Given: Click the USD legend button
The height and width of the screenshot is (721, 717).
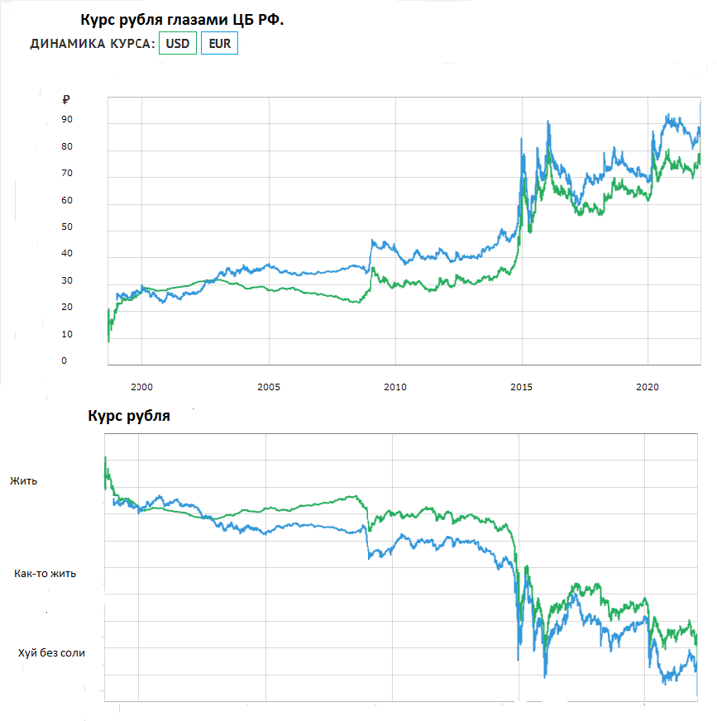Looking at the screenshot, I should (x=178, y=44).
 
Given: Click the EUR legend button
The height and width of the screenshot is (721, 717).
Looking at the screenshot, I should (x=220, y=44).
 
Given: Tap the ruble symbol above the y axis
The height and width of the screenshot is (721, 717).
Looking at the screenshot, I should (x=66, y=100).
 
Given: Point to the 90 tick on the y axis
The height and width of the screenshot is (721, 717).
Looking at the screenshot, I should (x=66, y=120).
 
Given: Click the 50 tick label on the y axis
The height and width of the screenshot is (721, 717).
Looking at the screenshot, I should (x=66, y=227).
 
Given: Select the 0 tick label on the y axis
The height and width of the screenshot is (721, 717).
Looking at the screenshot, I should (x=64, y=361).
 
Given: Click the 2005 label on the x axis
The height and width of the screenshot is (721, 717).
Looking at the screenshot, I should (x=269, y=386).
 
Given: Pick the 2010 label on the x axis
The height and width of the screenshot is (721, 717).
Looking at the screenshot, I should (x=395, y=386).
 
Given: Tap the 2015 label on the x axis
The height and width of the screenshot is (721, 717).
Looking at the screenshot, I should (x=522, y=386).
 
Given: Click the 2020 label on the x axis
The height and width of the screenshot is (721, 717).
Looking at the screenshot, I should (x=648, y=386).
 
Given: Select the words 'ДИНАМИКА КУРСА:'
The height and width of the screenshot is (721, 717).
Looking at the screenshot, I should (x=93, y=45).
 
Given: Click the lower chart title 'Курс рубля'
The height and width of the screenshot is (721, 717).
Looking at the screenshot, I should (x=128, y=417).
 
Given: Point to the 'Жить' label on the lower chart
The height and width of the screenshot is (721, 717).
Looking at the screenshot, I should (x=23, y=480).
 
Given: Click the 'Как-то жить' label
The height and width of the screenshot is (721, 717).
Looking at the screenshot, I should (x=45, y=573).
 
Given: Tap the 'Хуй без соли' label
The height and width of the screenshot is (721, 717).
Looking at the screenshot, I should (x=52, y=653).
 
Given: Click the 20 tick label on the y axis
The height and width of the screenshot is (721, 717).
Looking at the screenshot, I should (x=66, y=308).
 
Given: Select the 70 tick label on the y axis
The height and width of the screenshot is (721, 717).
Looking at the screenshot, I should (x=66, y=174).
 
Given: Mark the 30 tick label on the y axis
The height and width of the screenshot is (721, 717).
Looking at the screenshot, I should (x=66, y=281).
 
